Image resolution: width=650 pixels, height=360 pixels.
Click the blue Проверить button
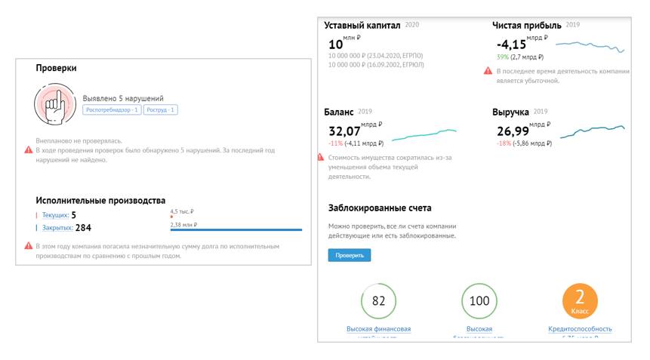tap(349, 255)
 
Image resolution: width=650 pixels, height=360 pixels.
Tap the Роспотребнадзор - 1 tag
tap(112, 110)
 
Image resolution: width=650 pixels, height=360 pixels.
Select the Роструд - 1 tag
tap(161, 110)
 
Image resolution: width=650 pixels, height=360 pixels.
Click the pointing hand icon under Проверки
tap(54, 106)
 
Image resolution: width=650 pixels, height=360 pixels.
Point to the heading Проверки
tap(56, 68)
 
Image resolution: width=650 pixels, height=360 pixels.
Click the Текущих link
tap(54, 215)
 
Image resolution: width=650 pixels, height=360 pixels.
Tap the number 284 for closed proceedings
tap(83, 227)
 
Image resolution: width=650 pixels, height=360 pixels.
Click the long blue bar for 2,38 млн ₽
tap(236, 229)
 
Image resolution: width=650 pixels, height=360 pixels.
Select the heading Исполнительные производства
tap(100, 200)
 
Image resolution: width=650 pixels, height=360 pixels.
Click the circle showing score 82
tap(379, 301)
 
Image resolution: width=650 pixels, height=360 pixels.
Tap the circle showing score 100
tap(479, 301)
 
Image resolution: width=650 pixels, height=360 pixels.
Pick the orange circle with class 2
tap(581, 301)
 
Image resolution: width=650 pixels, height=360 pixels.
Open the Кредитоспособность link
tap(580, 329)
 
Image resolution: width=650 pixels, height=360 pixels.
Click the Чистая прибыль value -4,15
tap(511, 44)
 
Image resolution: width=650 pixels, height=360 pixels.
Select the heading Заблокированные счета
tap(380, 208)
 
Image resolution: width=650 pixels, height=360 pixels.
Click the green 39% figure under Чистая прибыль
tap(502, 57)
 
